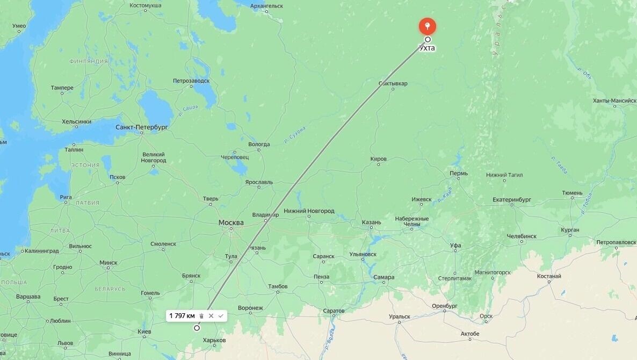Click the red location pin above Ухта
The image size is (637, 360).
pos(427,25)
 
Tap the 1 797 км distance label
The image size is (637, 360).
pos(182,316)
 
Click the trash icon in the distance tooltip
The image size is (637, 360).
pos(201,316)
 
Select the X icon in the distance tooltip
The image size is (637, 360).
pos(211,316)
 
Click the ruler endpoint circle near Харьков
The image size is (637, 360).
pos(197,328)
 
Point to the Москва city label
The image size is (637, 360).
pos(231,222)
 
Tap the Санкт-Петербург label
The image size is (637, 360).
pos(142,127)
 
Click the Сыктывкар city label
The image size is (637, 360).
pos(393,83)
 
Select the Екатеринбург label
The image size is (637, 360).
pos(511,200)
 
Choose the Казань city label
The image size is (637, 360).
pos(371,222)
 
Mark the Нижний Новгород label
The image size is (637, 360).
pos(309,211)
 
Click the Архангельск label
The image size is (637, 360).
pos(266,6)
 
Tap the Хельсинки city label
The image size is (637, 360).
pos(76,121)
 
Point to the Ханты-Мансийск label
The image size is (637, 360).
pos(614,100)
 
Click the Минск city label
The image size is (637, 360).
pos(108,263)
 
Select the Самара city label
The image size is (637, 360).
pos(383,277)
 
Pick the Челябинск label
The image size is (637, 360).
pos(521,236)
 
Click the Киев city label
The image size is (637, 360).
pos(144,332)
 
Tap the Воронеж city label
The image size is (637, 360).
pos(250,308)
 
